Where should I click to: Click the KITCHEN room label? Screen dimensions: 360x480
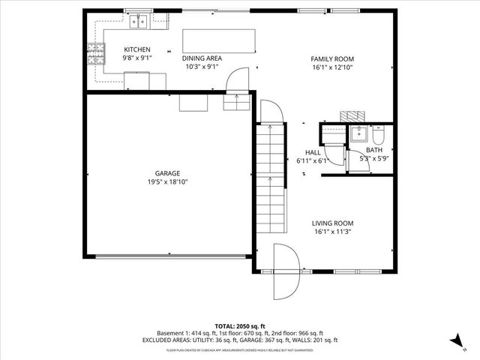[x=136, y=49]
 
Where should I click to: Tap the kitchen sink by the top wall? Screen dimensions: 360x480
[x=137, y=24]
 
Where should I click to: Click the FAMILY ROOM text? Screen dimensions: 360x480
[x=332, y=58]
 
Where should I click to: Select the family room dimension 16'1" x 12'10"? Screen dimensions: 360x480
[x=332, y=67]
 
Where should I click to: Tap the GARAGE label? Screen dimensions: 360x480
[x=167, y=173]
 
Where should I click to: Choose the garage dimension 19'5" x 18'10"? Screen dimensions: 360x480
[x=167, y=182]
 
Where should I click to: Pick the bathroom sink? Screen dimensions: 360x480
[x=358, y=135]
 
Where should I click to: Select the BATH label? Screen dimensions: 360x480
[x=373, y=151]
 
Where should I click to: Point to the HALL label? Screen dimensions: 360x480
[x=312, y=152]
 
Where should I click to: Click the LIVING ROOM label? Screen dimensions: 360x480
[x=332, y=223]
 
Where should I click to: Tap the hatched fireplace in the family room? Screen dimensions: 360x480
[x=351, y=116]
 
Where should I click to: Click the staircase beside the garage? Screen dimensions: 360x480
[x=271, y=178]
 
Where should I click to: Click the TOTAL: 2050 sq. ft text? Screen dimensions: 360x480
[x=240, y=325]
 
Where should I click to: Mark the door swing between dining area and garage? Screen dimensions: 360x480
[x=238, y=79]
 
